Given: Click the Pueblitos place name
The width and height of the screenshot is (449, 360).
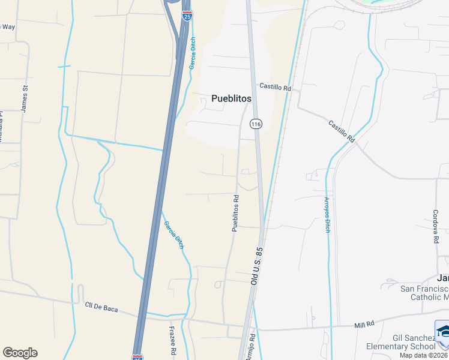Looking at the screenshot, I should tap(231, 99).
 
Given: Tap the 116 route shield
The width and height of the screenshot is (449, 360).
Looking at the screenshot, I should tap(256, 124).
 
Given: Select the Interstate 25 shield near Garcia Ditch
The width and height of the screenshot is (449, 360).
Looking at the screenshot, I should tap(188, 14).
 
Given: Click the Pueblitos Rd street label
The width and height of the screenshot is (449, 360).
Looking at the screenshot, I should tap(236, 213).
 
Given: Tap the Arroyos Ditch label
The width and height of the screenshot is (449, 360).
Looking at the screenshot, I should tap(327, 215).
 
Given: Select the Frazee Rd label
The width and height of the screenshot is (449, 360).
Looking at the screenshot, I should tap(172, 340).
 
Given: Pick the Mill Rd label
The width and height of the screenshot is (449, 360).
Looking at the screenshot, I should tap(364, 324).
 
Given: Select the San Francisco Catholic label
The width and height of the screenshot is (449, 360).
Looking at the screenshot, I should tap(424, 293).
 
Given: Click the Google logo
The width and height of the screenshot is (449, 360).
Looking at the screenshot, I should tap(20, 353).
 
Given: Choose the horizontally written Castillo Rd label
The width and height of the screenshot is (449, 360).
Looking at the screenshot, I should tap(275, 88).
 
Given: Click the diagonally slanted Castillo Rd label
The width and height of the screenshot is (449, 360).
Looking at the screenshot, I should tap(341, 131).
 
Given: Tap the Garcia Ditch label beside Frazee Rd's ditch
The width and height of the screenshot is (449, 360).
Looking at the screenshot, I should tap(173, 235).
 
